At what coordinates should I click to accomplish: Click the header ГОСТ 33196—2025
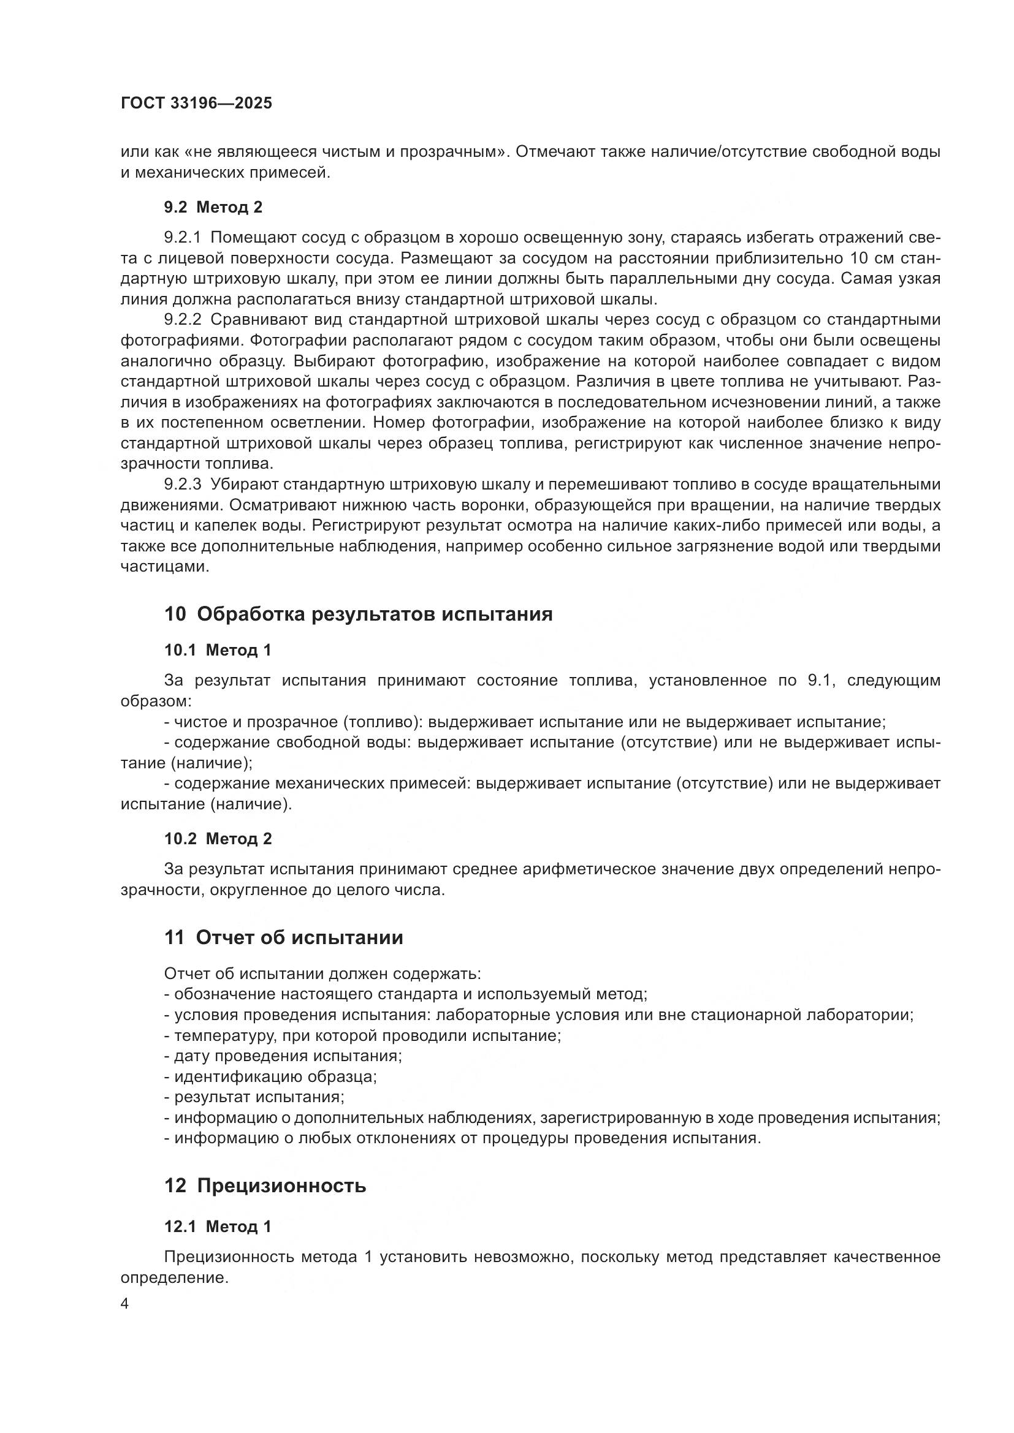pyautogui.click(x=197, y=104)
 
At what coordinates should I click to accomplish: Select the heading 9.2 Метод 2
pyautogui.click(x=213, y=207)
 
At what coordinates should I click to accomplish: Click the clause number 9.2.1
pyautogui.click(x=183, y=238)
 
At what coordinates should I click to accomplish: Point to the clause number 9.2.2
pyautogui.click(x=183, y=320)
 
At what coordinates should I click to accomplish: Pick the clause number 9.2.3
pyautogui.click(x=183, y=485)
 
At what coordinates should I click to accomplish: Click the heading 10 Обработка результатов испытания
pyautogui.click(x=359, y=614)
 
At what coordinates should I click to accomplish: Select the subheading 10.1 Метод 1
pyautogui.click(x=218, y=651)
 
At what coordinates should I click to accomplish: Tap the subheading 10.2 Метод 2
pyautogui.click(x=218, y=839)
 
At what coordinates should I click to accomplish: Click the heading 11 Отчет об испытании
pyautogui.click(x=283, y=937)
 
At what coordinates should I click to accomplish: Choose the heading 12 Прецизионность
pyautogui.click(x=265, y=1185)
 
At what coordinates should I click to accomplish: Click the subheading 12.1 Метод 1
pyautogui.click(x=218, y=1227)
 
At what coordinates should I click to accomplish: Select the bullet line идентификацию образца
pyautogui.click(x=270, y=1076)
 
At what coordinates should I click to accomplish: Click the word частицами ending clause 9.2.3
pyautogui.click(x=164, y=567)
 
